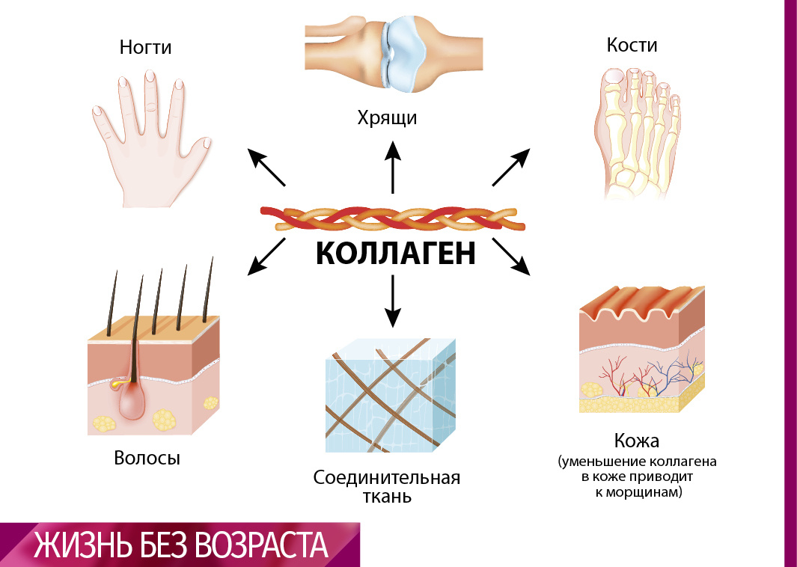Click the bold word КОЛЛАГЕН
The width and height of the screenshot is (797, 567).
395,254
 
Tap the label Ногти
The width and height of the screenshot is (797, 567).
146,48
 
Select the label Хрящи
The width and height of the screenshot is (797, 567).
386,117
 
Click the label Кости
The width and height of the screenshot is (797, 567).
632,45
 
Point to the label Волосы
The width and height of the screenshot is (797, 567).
147,458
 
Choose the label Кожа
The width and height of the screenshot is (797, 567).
638,440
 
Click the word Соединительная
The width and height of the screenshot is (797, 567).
386,477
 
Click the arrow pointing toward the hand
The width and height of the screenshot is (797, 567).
266,167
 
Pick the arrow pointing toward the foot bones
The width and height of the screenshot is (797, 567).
512,166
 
